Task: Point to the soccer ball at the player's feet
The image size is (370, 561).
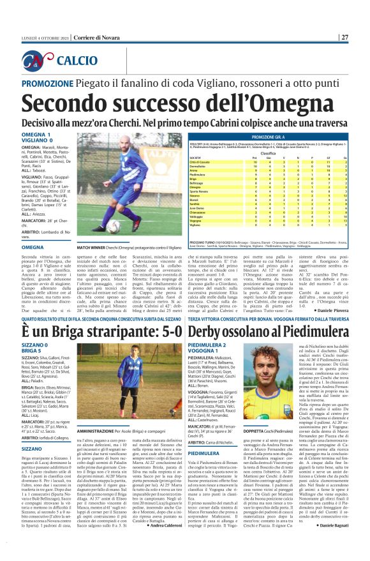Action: coord(114,226)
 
